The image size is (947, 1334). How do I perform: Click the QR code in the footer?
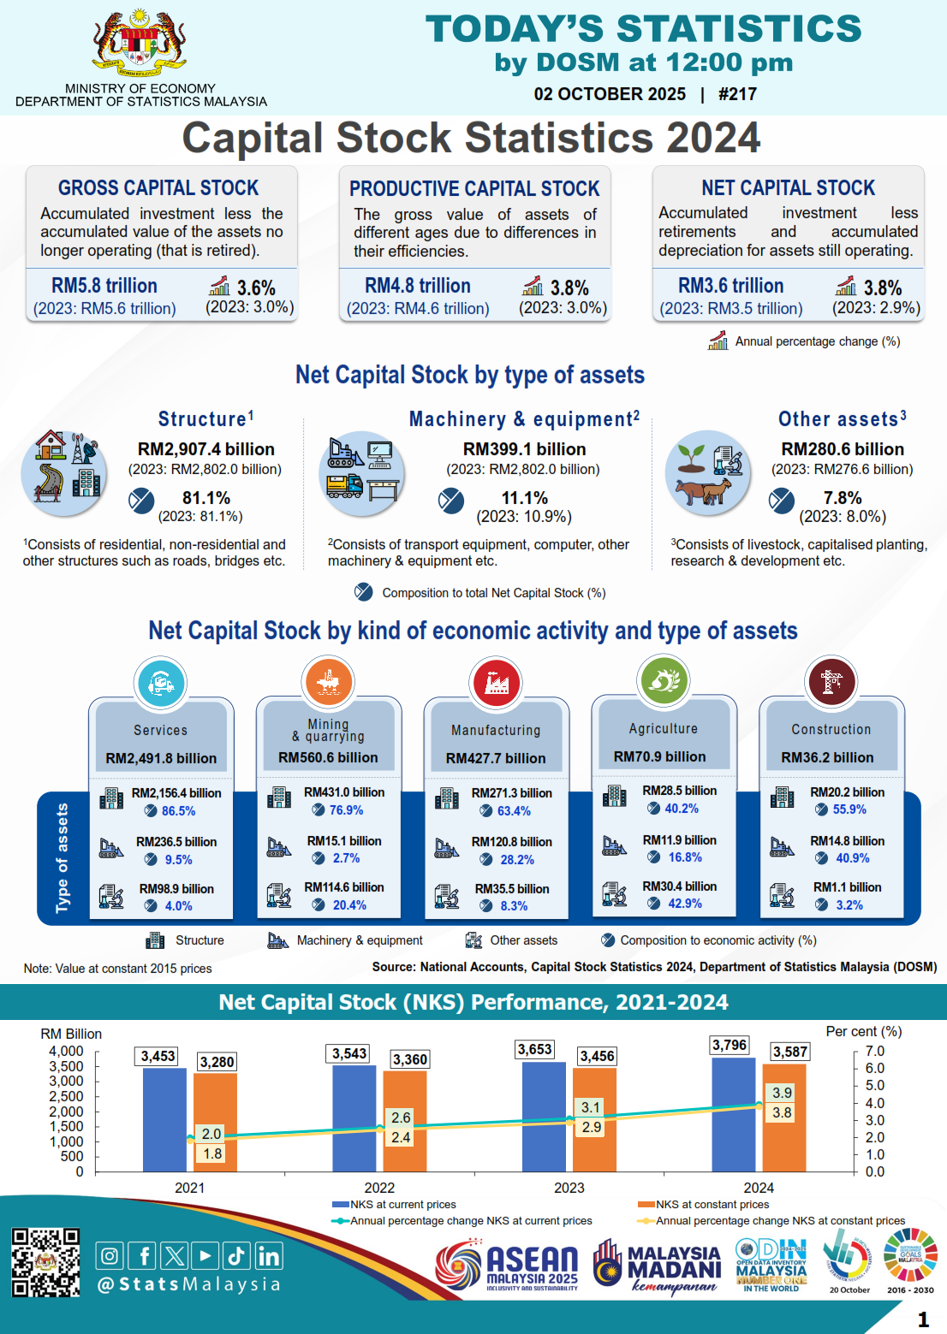coord(45,1262)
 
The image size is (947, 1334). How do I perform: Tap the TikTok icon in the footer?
coord(236,1255)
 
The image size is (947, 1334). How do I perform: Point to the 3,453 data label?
coord(158,1056)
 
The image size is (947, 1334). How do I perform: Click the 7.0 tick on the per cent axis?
coord(874,1051)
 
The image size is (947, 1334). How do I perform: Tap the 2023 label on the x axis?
coord(569,1188)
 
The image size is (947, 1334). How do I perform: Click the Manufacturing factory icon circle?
coord(496,683)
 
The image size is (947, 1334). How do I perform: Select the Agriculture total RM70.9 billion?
coord(659,756)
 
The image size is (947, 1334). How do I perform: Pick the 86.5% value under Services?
coord(178,810)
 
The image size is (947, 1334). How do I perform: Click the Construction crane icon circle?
coord(831,682)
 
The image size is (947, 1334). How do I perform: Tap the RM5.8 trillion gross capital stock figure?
coord(104,286)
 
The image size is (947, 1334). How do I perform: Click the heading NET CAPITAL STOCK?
coord(788,187)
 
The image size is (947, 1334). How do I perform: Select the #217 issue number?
coord(737,94)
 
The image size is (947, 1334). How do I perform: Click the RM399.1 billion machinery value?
coord(524,449)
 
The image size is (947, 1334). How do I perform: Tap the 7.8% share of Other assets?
coord(843,498)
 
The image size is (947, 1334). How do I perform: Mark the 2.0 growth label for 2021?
coord(211,1134)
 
